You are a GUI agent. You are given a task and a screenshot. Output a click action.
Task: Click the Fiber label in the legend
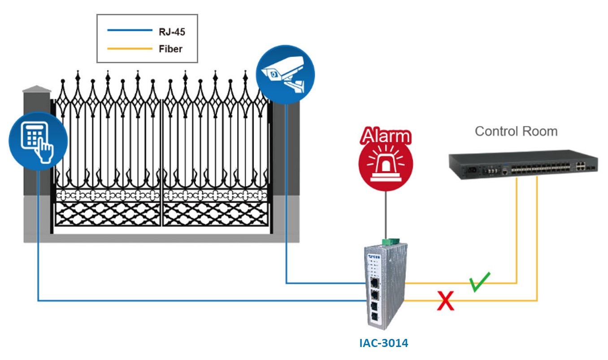[170, 48]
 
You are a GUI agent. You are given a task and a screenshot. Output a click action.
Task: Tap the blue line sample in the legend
[130, 30]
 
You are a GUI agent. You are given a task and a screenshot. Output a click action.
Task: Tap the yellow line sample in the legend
[130, 48]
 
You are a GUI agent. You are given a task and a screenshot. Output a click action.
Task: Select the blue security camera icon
[285, 74]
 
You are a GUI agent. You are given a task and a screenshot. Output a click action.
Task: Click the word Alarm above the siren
[386, 136]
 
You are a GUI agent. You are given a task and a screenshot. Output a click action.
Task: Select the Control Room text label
[516, 131]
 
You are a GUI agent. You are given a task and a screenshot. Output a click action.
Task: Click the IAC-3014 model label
[384, 343]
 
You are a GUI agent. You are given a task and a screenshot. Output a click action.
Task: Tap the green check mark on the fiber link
[480, 282]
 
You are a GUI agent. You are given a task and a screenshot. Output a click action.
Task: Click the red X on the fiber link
[446, 300]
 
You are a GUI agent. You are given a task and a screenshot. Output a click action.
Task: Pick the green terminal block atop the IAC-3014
[388, 242]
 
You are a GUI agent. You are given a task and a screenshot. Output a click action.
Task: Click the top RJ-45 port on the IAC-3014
[373, 282]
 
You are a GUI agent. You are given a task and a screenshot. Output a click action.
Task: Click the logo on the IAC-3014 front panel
[373, 256]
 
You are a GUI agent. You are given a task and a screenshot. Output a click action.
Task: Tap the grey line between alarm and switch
[385, 215]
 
